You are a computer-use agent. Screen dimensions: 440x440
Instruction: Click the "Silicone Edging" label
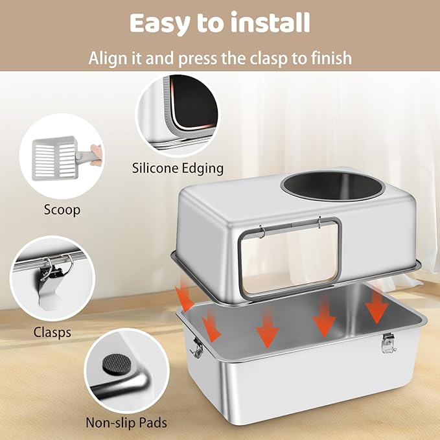point(178,168)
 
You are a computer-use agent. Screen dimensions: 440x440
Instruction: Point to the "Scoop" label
point(62,210)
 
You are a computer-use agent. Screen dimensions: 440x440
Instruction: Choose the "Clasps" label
point(52,333)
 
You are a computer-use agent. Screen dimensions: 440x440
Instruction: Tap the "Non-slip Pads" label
point(126,423)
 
